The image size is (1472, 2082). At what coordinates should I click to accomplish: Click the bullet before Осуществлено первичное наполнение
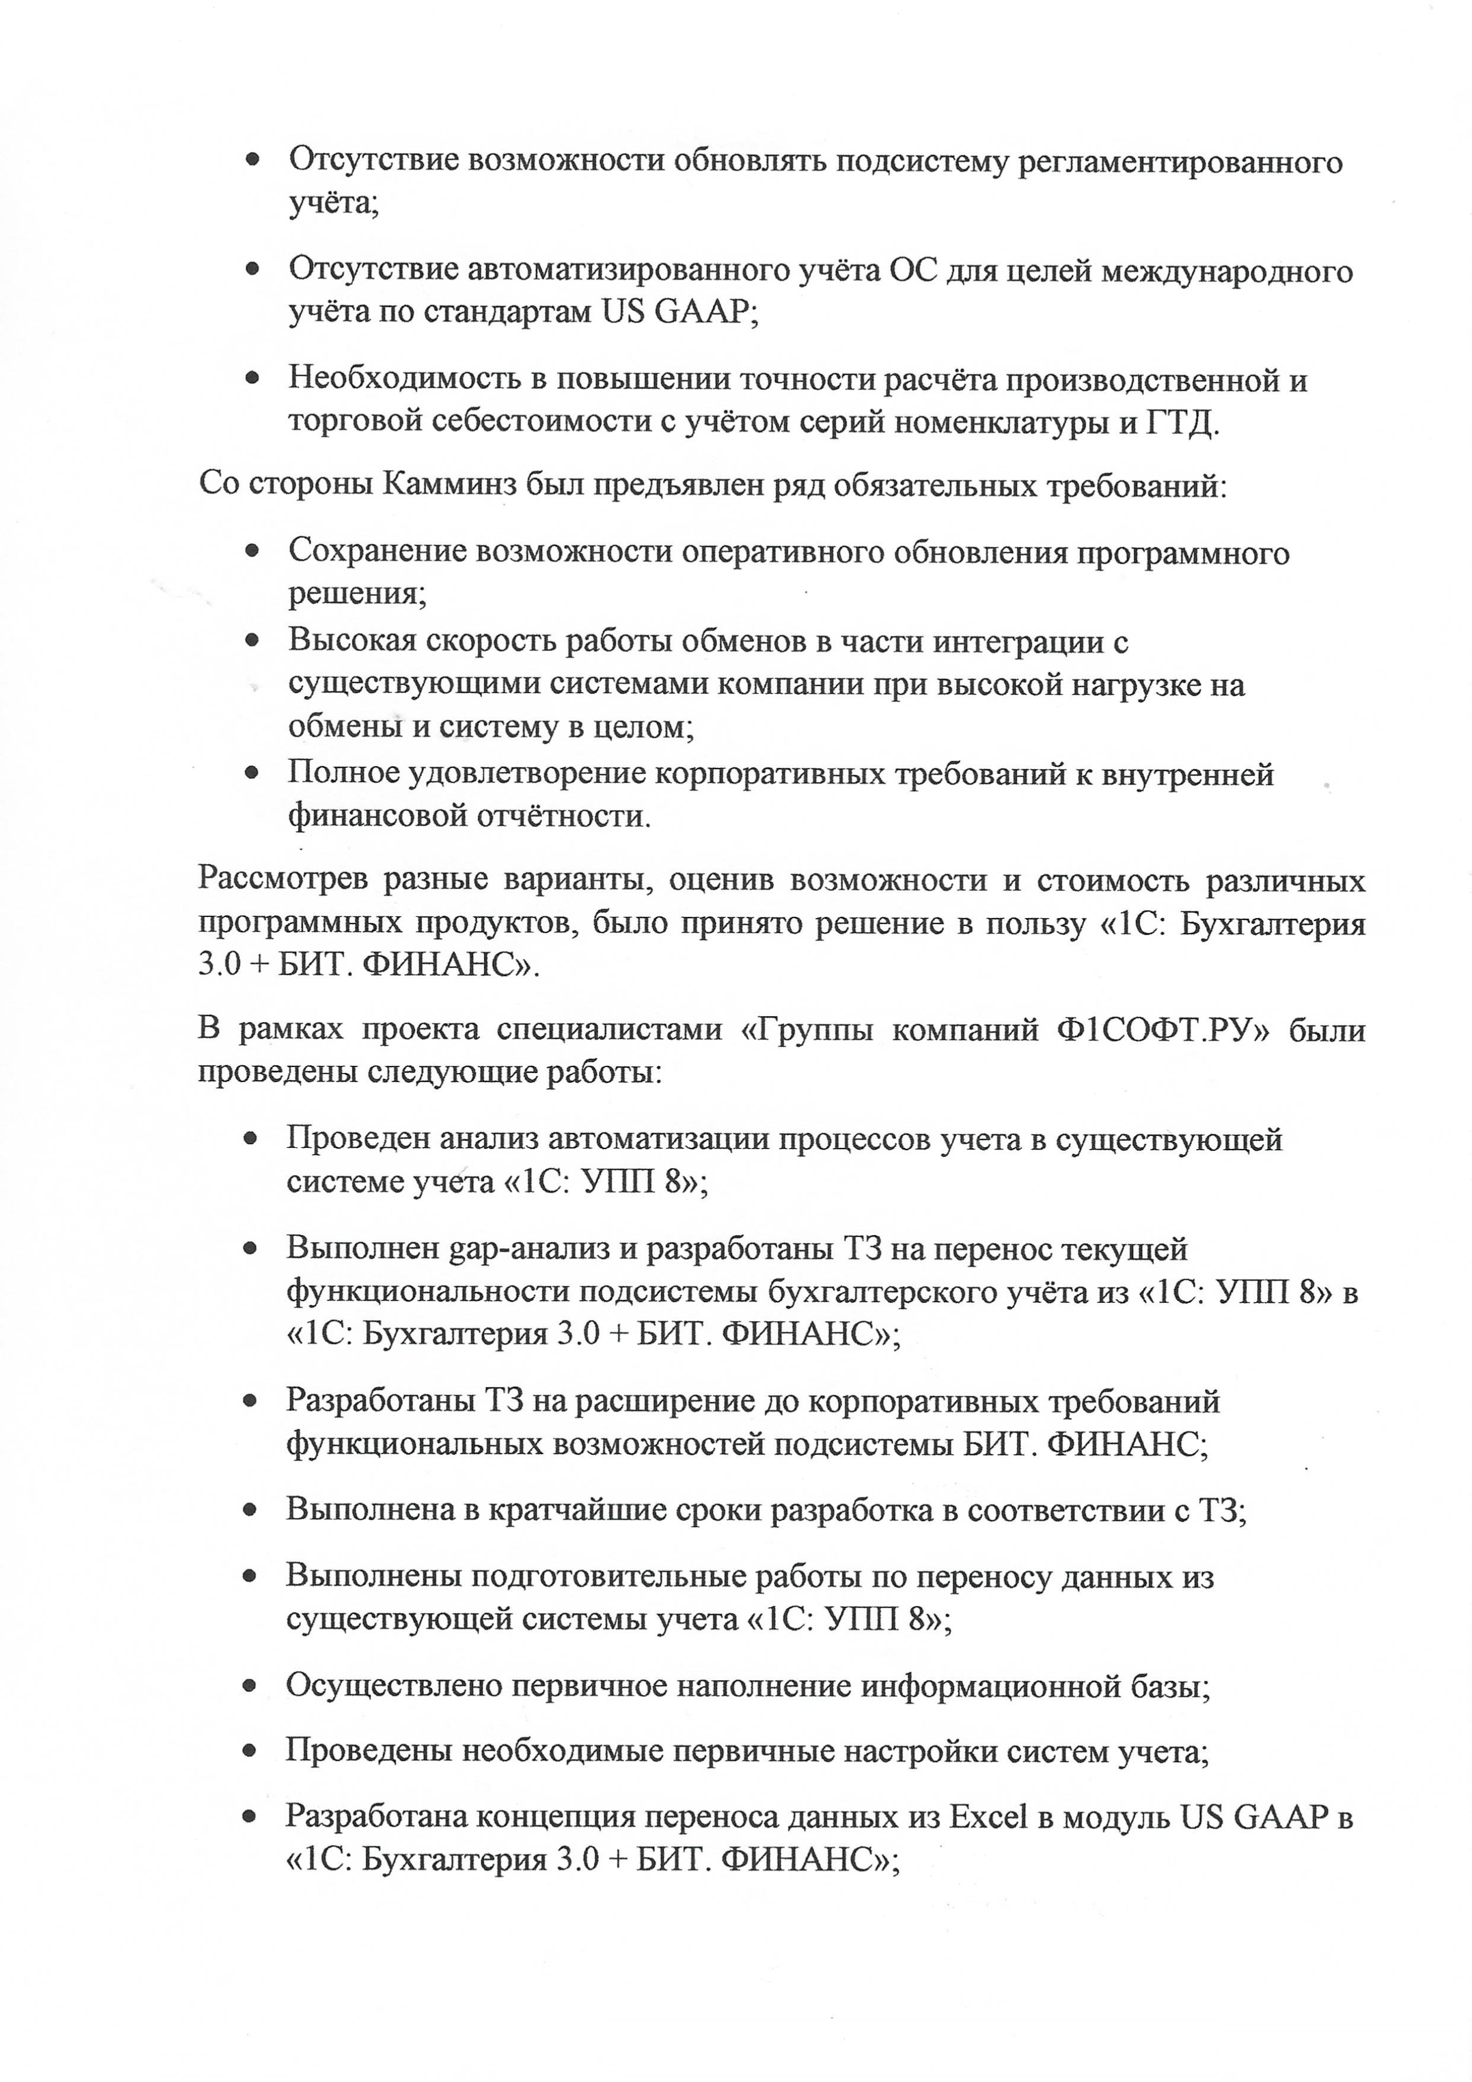[253, 1686]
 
